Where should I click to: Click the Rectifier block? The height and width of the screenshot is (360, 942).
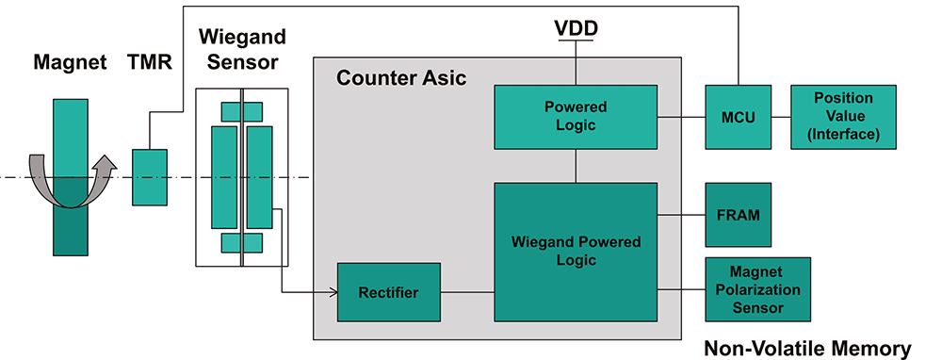pyautogui.click(x=389, y=292)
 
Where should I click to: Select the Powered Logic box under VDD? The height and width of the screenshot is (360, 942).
pyautogui.click(x=576, y=117)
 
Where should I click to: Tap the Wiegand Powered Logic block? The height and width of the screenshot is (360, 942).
pyautogui.click(x=576, y=252)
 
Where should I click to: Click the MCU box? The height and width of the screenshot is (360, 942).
pyautogui.click(x=738, y=117)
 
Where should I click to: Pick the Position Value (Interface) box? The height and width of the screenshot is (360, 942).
pyautogui.click(x=843, y=117)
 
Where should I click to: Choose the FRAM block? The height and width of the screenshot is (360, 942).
pyautogui.click(x=738, y=215)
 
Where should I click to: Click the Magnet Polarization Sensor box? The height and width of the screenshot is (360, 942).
pyautogui.click(x=757, y=289)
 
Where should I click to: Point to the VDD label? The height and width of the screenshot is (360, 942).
pyautogui.click(x=576, y=28)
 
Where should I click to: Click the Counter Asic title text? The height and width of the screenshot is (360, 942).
pyautogui.click(x=400, y=78)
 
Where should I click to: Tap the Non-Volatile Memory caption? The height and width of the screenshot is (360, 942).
pyautogui.click(x=807, y=349)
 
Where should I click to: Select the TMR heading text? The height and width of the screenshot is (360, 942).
pyautogui.click(x=150, y=62)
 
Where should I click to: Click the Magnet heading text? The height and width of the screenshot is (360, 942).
pyautogui.click(x=70, y=62)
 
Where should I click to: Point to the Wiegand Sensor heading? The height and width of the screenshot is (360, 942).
pyautogui.click(x=242, y=49)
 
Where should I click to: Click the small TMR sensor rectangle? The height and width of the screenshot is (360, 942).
pyautogui.click(x=150, y=177)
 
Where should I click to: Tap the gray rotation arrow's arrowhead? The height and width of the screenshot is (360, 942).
pyautogui.click(x=106, y=165)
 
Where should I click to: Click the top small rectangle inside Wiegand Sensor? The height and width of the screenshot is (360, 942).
pyautogui.click(x=241, y=112)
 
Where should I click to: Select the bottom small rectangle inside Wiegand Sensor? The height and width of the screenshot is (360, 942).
pyautogui.click(x=241, y=243)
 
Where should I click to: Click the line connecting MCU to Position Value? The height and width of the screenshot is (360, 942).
pyautogui.click(x=780, y=117)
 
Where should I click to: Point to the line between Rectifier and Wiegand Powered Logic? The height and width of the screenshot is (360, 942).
pyautogui.click(x=467, y=293)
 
